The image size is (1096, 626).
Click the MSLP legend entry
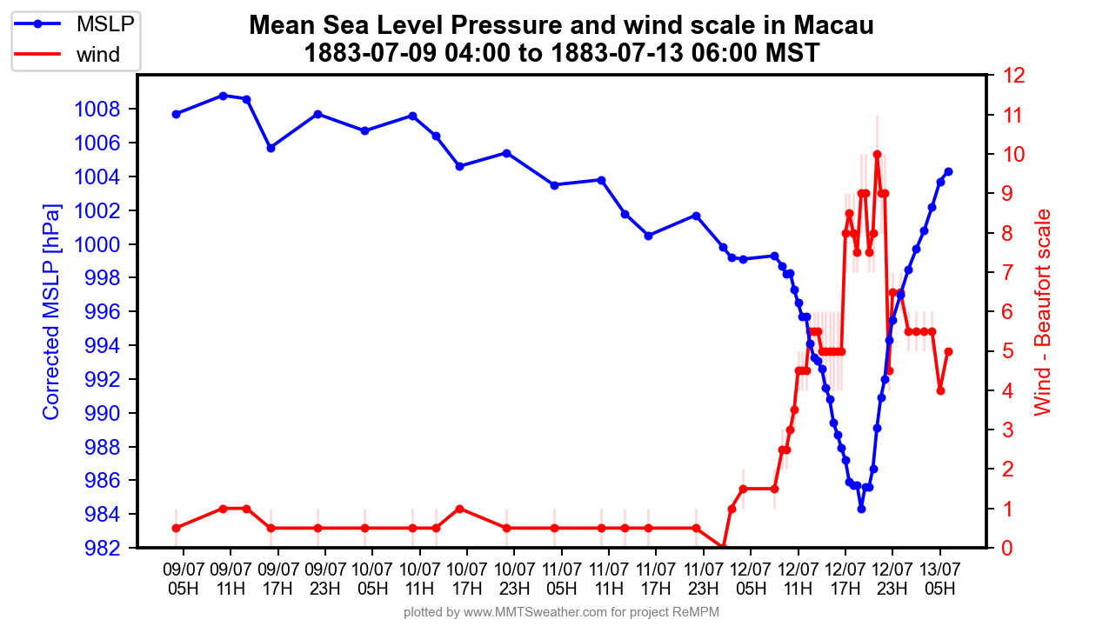pyautogui.click(x=105, y=24)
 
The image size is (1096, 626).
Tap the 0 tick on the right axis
pyautogui.click(x=1006, y=548)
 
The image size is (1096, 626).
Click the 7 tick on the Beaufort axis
pyautogui.click(x=1006, y=272)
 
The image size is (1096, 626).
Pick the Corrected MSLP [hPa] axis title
pyautogui.click(x=52, y=312)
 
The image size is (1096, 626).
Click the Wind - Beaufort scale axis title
pyautogui.click(x=1042, y=312)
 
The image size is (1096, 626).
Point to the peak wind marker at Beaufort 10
pyautogui.click(x=877, y=155)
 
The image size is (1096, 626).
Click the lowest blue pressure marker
pyautogui.click(x=861, y=509)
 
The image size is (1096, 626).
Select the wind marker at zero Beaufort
pyautogui.click(x=723, y=548)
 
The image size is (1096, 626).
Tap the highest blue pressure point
pyautogui.click(x=224, y=96)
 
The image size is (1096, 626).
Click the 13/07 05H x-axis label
pyautogui.click(x=939, y=577)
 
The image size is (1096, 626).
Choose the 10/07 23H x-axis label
pyautogui.click(x=514, y=577)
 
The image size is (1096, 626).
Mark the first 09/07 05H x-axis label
pyautogui.click(x=183, y=577)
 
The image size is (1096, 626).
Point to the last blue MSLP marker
pyautogui.click(x=948, y=171)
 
